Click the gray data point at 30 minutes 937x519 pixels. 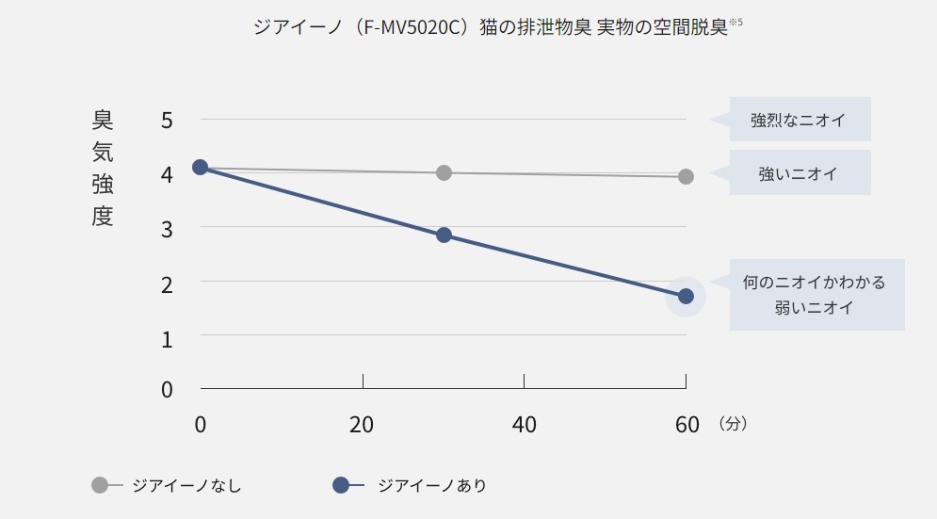(x=444, y=172)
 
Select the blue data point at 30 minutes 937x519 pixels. (x=444, y=235)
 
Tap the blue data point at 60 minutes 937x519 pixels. (x=686, y=296)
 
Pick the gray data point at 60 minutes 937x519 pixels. (x=686, y=176)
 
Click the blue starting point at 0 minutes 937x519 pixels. (x=200, y=167)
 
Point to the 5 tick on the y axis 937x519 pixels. (x=167, y=120)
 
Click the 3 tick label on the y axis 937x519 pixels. (x=167, y=228)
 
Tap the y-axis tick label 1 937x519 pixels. (x=167, y=337)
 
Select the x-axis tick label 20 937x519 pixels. (x=362, y=425)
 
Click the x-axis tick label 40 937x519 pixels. (x=524, y=425)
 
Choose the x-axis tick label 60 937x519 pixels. (x=687, y=425)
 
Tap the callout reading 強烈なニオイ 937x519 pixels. (x=798, y=120)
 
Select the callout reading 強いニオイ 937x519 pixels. (x=798, y=173)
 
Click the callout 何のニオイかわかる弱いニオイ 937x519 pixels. (x=815, y=295)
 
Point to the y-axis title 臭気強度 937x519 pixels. (x=103, y=168)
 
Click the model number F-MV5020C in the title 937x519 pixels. (x=408, y=27)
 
